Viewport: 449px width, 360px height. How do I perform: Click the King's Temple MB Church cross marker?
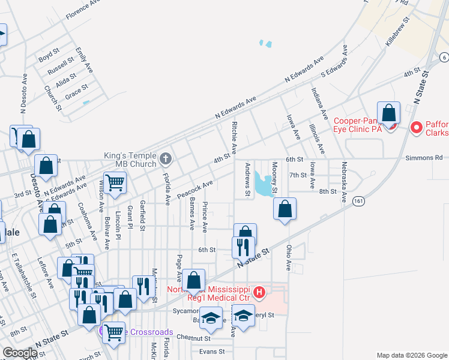[x=166, y=159]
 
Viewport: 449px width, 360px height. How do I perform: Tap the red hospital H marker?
[x=259, y=293]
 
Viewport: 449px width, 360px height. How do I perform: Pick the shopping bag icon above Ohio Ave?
[x=285, y=209]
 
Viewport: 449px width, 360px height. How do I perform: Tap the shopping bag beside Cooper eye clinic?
[x=388, y=112]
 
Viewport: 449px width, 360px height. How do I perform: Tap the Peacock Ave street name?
[x=196, y=191]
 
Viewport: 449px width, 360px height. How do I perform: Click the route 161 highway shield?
[x=359, y=200]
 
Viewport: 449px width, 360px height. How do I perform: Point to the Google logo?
[x=20, y=353]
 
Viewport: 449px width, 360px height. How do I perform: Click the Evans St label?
[x=211, y=352]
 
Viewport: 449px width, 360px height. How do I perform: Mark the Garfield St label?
[x=143, y=216]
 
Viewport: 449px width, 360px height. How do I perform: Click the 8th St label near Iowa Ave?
[x=327, y=191]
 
